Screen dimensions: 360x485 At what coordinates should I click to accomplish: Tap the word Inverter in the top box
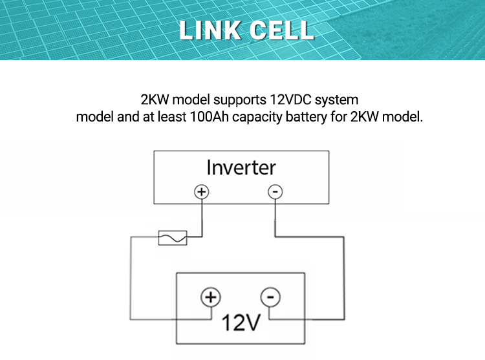point(241,167)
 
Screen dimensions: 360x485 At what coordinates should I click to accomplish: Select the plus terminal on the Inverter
point(202,192)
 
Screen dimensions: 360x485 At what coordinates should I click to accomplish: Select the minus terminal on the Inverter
point(275,192)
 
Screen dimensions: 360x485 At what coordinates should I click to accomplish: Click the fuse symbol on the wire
point(173,238)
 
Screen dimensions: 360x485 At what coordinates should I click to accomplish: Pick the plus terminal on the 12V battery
point(210,297)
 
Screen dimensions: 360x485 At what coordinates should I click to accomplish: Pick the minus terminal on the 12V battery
point(270,297)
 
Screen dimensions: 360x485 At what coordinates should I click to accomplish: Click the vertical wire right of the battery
point(341,278)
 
